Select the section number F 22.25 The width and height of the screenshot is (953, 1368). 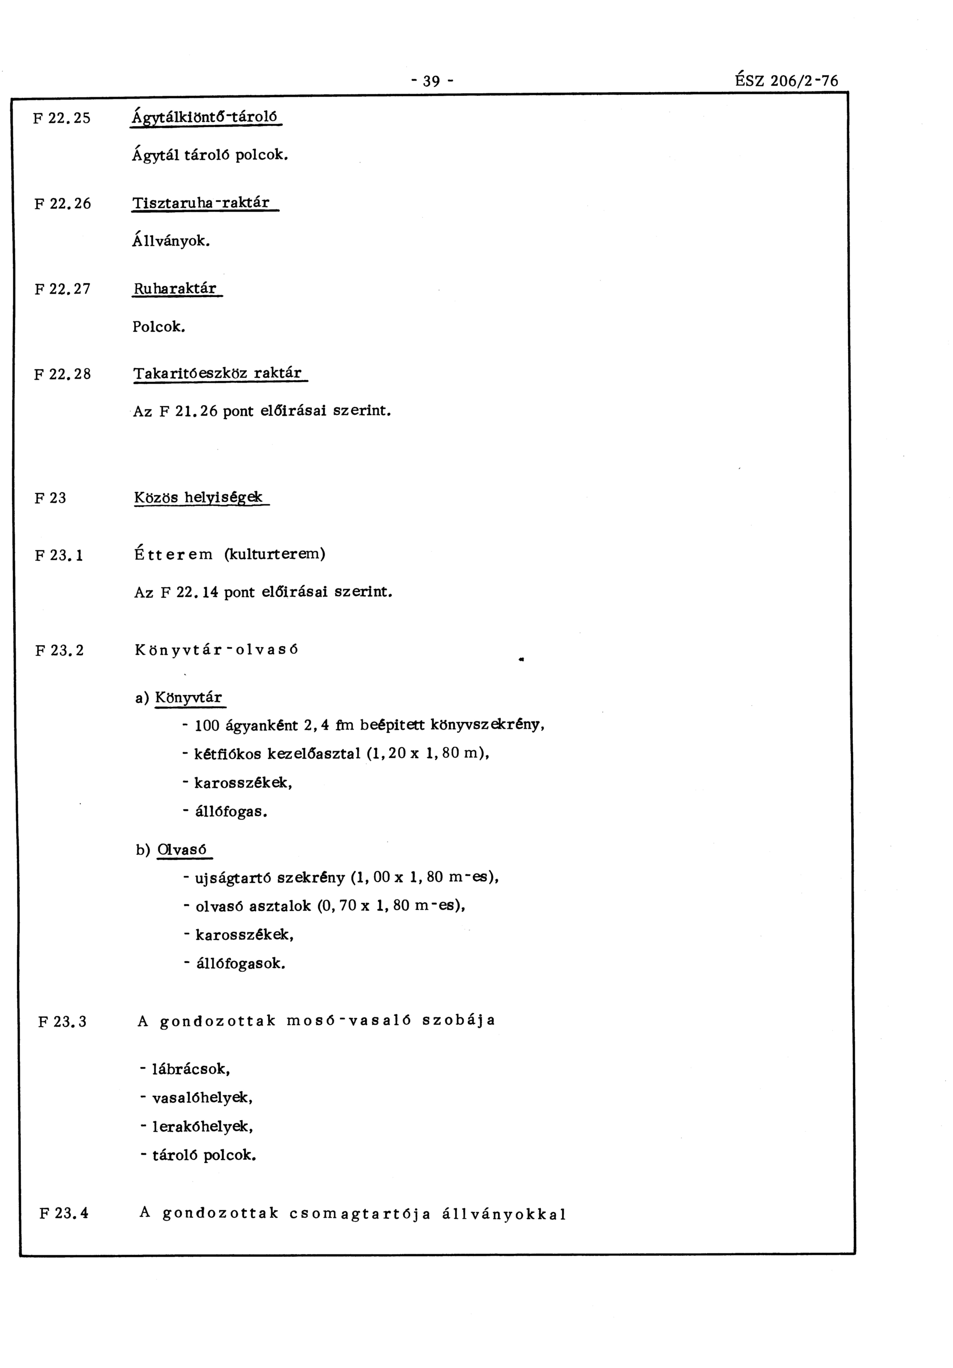pos(62,118)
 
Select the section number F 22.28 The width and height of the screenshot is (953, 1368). pos(63,374)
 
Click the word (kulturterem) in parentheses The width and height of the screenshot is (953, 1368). pos(275,554)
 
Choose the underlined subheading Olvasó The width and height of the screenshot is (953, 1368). pos(182,849)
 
